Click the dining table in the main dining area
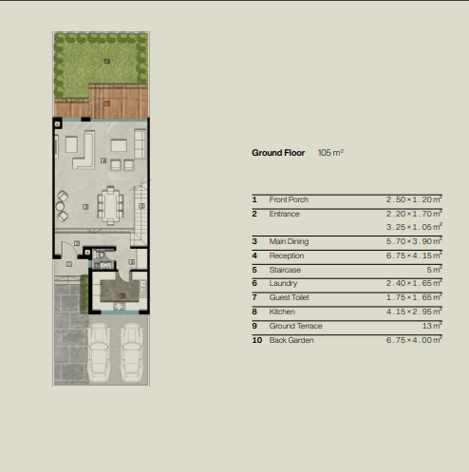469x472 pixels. point(110,206)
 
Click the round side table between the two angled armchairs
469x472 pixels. point(60,207)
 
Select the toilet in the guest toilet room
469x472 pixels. point(100,255)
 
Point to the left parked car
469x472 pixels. point(99,352)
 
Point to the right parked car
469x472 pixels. point(132,352)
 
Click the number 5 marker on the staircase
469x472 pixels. point(141,206)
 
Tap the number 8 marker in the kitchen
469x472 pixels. point(122,295)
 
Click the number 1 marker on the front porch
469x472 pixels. point(69,264)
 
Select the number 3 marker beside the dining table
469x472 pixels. point(85,207)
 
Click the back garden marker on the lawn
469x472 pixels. point(107,61)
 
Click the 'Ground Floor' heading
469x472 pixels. point(278,153)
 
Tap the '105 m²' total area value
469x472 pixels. point(330,153)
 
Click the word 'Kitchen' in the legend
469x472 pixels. point(282,312)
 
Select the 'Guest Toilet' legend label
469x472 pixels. point(289,297)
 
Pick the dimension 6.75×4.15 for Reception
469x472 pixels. point(414,255)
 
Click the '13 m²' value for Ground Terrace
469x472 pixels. point(432,326)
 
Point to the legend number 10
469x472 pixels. point(257,340)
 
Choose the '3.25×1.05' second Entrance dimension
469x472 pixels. point(414,227)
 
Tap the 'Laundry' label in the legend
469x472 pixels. point(283,283)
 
